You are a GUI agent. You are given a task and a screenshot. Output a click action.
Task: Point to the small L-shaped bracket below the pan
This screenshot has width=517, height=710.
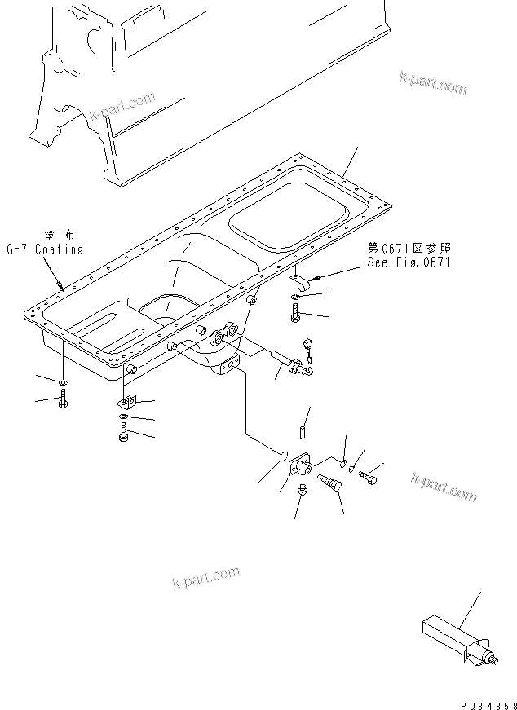(126, 401)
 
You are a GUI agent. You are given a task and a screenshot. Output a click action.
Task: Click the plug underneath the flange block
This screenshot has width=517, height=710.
(303, 492)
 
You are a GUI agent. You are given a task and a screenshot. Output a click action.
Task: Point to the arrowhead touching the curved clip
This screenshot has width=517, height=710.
(310, 280)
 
